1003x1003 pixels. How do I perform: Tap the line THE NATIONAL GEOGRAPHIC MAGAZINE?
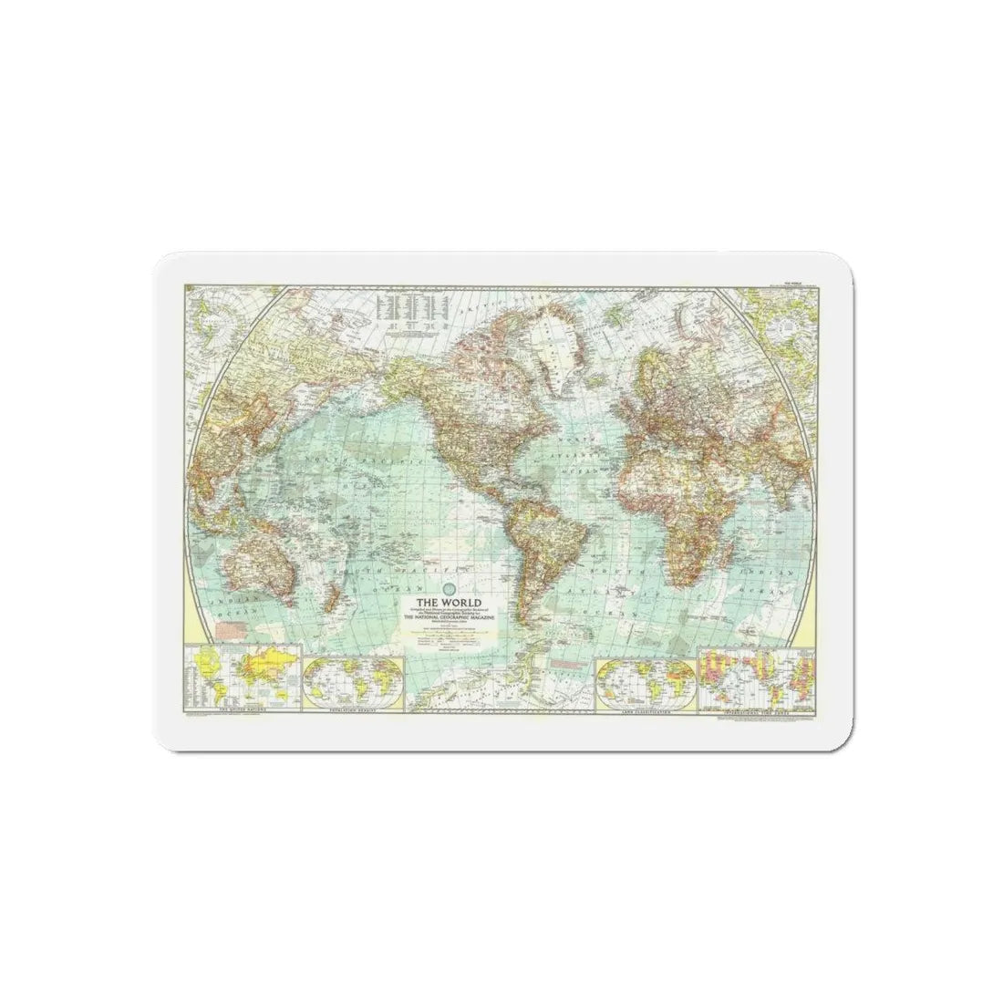click(449, 619)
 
